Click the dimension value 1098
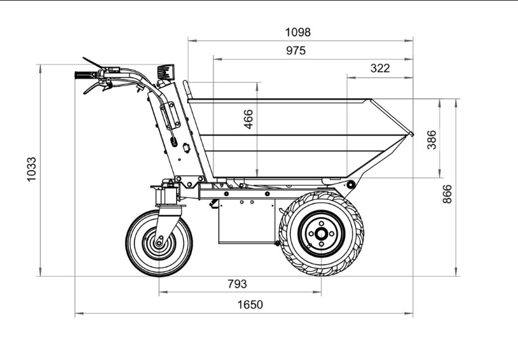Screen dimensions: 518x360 click(x=298, y=33)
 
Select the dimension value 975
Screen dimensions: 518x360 click(x=296, y=51)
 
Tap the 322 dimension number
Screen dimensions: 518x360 click(x=380, y=68)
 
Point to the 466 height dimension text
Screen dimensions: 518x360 click(x=248, y=119)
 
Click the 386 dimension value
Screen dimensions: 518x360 click(x=431, y=140)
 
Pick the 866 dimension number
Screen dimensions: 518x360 click(x=447, y=194)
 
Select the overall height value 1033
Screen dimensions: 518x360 click(x=31, y=169)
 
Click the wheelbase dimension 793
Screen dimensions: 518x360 click(x=237, y=283)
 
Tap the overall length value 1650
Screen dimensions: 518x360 click(x=250, y=304)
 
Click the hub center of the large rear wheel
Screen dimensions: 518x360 click(x=321, y=234)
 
